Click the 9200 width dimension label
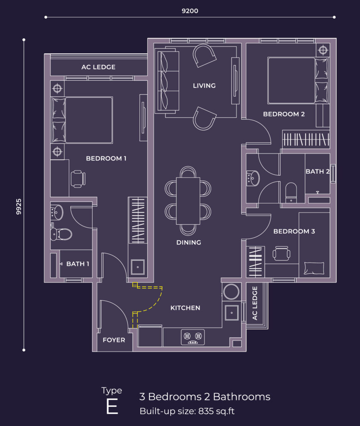(x=190, y=11)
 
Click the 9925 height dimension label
(x=19, y=206)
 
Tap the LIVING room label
(x=204, y=86)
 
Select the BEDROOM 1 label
(x=106, y=159)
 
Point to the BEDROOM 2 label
(x=284, y=114)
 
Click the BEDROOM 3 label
(x=294, y=231)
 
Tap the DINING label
(x=189, y=243)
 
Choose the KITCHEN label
(x=185, y=308)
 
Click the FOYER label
(x=114, y=340)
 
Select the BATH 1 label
(x=78, y=264)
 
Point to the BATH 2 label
(x=317, y=171)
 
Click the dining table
(x=188, y=201)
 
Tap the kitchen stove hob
(x=193, y=337)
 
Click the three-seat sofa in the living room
(x=167, y=81)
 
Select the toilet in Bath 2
(x=291, y=193)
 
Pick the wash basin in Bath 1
(x=57, y=212)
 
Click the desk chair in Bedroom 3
(x=281, y=253)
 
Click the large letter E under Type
(x=112, y=406)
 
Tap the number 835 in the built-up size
(x=205, y=411)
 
